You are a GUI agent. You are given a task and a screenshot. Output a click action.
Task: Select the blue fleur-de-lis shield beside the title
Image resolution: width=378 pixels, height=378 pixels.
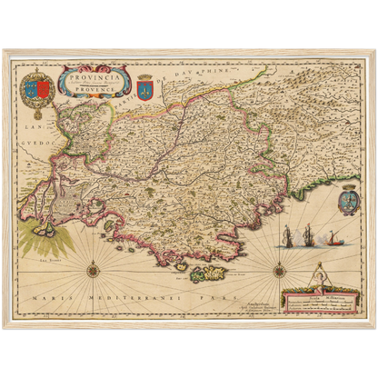tap(144, 85)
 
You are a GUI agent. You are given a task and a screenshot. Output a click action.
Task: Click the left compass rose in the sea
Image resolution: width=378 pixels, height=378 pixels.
tap(92, 268)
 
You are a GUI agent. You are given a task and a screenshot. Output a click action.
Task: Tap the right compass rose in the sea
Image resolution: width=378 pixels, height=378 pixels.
tap(278, 268)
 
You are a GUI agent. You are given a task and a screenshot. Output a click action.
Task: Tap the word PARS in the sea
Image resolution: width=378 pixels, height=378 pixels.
tap(218, 298)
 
